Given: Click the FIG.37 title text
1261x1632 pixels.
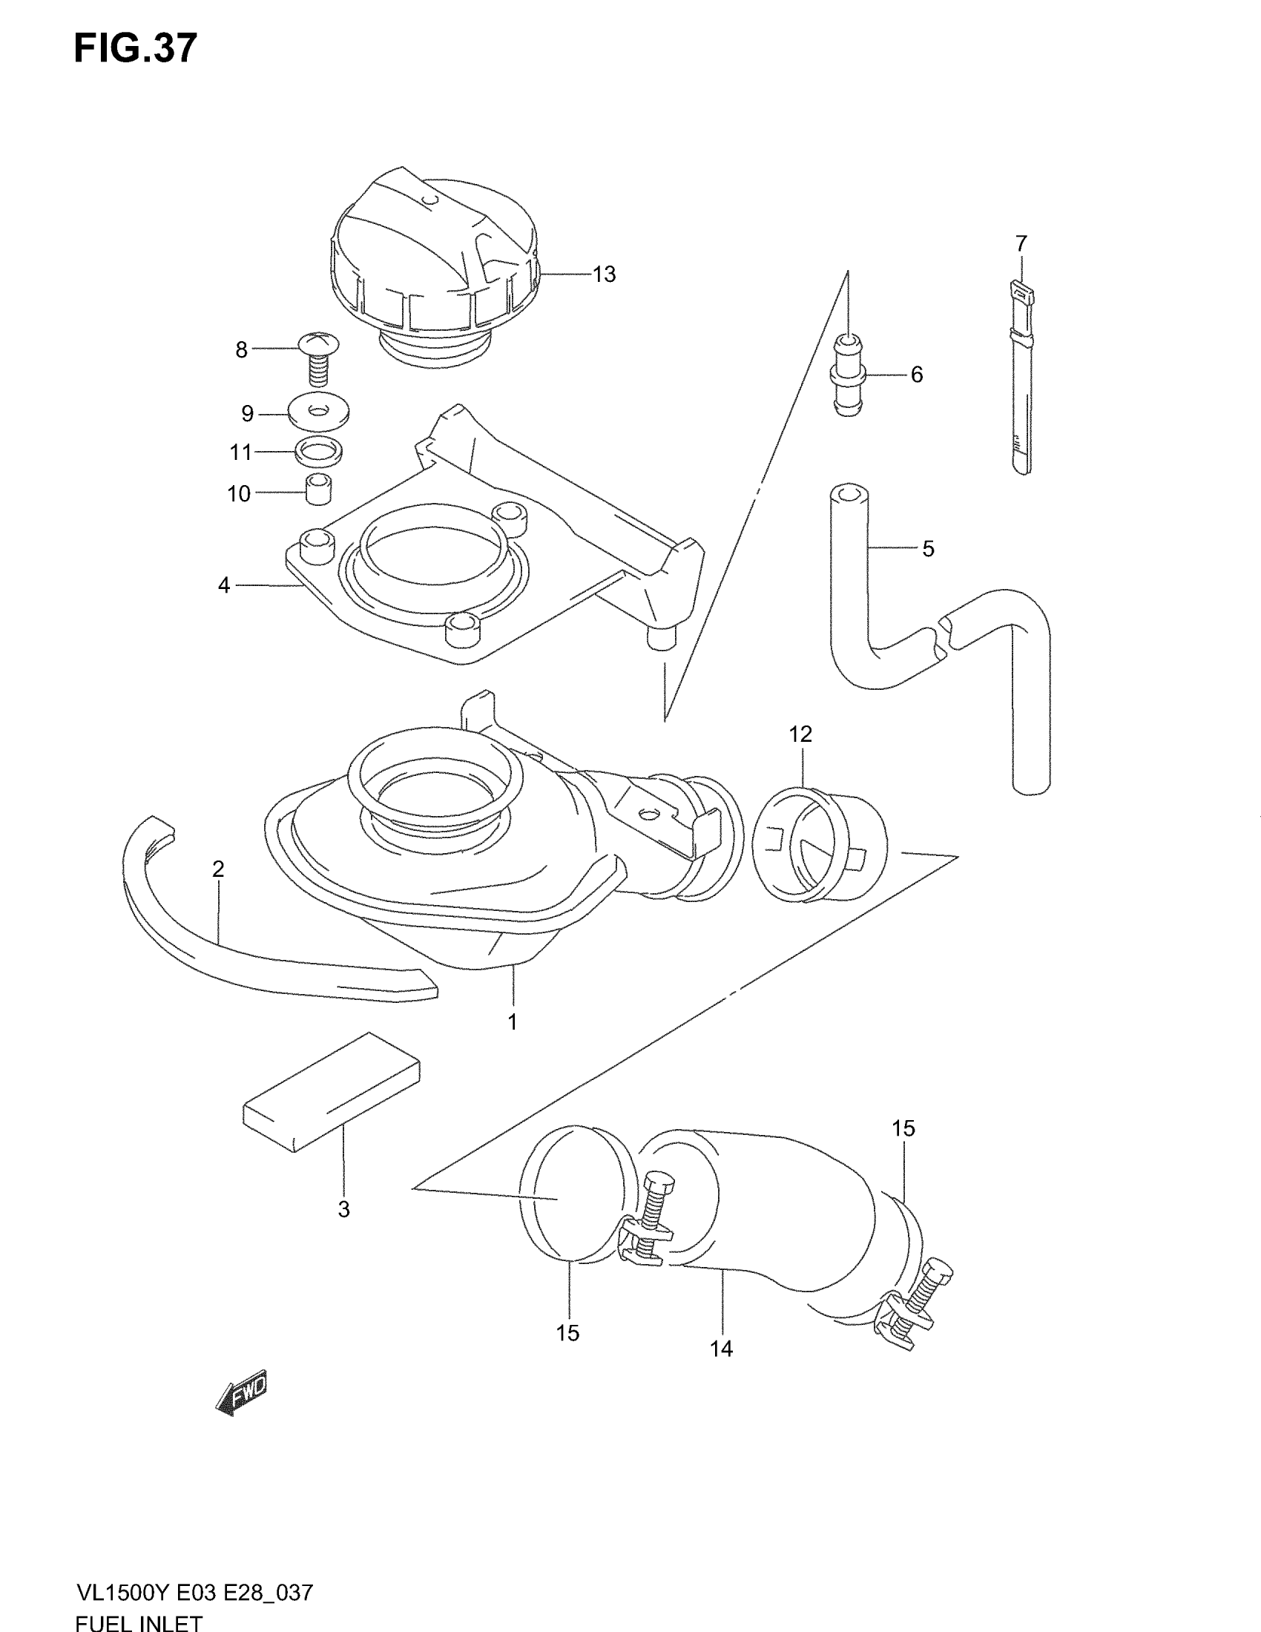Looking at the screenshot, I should pyautogui.click(x=135, y=48).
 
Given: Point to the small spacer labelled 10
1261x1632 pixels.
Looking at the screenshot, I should pyautogui.click(x=319, y=490).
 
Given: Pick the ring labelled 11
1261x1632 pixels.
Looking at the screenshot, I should pyautogui.click(x=319, y=450).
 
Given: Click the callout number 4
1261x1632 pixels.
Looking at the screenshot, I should pyautogui.click(x=224, y=585).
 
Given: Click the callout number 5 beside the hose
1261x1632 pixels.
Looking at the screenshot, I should pyautogui.click(x=928, y=549).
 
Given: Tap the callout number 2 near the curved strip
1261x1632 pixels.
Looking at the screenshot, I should pyautogui.click(x=217, y=869).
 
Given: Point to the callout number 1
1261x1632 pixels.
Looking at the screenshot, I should pyautogui.click(x=513, y=1022).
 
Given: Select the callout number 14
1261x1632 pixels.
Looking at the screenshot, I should pyautogui.click(x=721, y=1349).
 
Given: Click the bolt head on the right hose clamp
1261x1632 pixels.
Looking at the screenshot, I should pyautogui.click(x=938, y=1270).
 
